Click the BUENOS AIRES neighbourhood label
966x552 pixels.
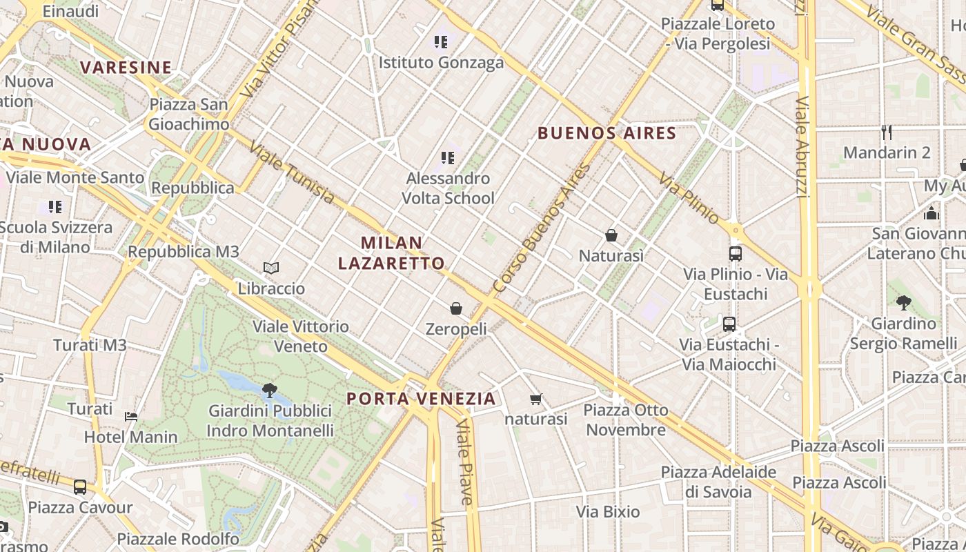[x=607, y=133]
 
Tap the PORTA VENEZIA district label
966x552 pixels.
[x=421, y=399]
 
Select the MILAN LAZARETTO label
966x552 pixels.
[x=391, y=253]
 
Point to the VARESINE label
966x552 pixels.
[x=126, y=68]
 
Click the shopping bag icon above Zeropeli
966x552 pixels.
[x=456, y=308]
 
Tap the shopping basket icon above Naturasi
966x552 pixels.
[x=611, y=235]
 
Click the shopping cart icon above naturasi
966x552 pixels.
[x=535, y=399]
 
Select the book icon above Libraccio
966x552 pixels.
[x=271, y=268]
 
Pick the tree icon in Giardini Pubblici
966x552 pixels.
[x=270, y=391]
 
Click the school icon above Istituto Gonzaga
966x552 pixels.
[x=441, y=41]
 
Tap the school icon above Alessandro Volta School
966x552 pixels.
[x=448, y=158]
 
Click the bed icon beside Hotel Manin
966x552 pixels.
[x=131, y=416]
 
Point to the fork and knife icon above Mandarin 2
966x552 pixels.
[x=887, y=131]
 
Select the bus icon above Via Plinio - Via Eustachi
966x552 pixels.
[x=736, y=253]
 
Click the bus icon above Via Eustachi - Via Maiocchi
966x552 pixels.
[x=729, y=324]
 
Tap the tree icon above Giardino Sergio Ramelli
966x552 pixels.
[x=903, y=302]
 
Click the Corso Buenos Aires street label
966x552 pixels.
[x=543, y=228]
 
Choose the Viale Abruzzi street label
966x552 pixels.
[x=802, y=146]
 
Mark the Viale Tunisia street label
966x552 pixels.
[x=292, y=173]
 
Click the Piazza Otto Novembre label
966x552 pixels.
[x=626, y=420]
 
